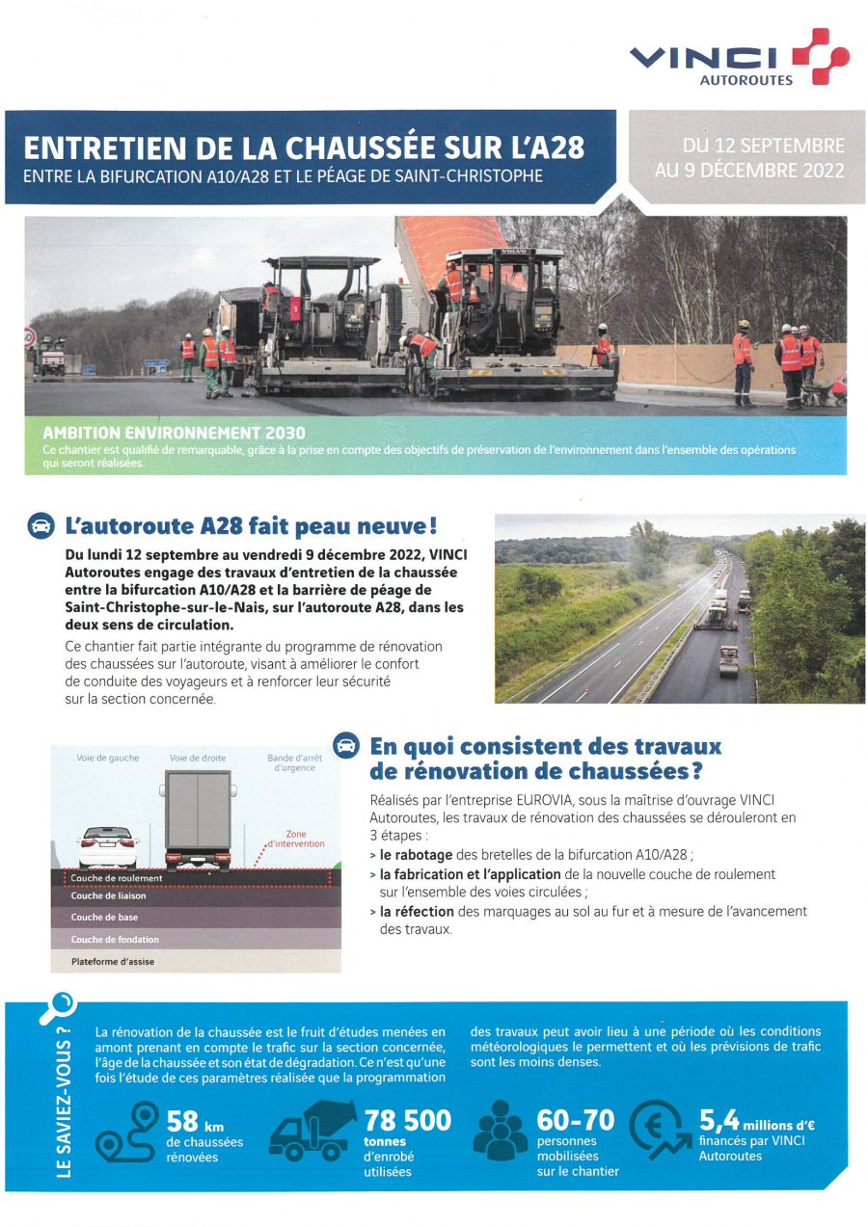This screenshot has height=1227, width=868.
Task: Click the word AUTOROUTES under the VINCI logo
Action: pos(746,80)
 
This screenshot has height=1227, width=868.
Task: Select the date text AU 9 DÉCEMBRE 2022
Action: pos(749,171)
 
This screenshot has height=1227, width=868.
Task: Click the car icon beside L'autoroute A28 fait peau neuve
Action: pos(41,526)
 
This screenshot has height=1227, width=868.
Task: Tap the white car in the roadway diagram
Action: pos(107,846)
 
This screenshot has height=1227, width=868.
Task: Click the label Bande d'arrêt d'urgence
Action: pos(294,762)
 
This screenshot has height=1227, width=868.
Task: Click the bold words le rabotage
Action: pos(416,854)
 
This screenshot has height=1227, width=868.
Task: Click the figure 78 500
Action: pos(407,1120)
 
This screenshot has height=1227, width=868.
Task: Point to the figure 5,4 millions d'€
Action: pos(751,1121)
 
